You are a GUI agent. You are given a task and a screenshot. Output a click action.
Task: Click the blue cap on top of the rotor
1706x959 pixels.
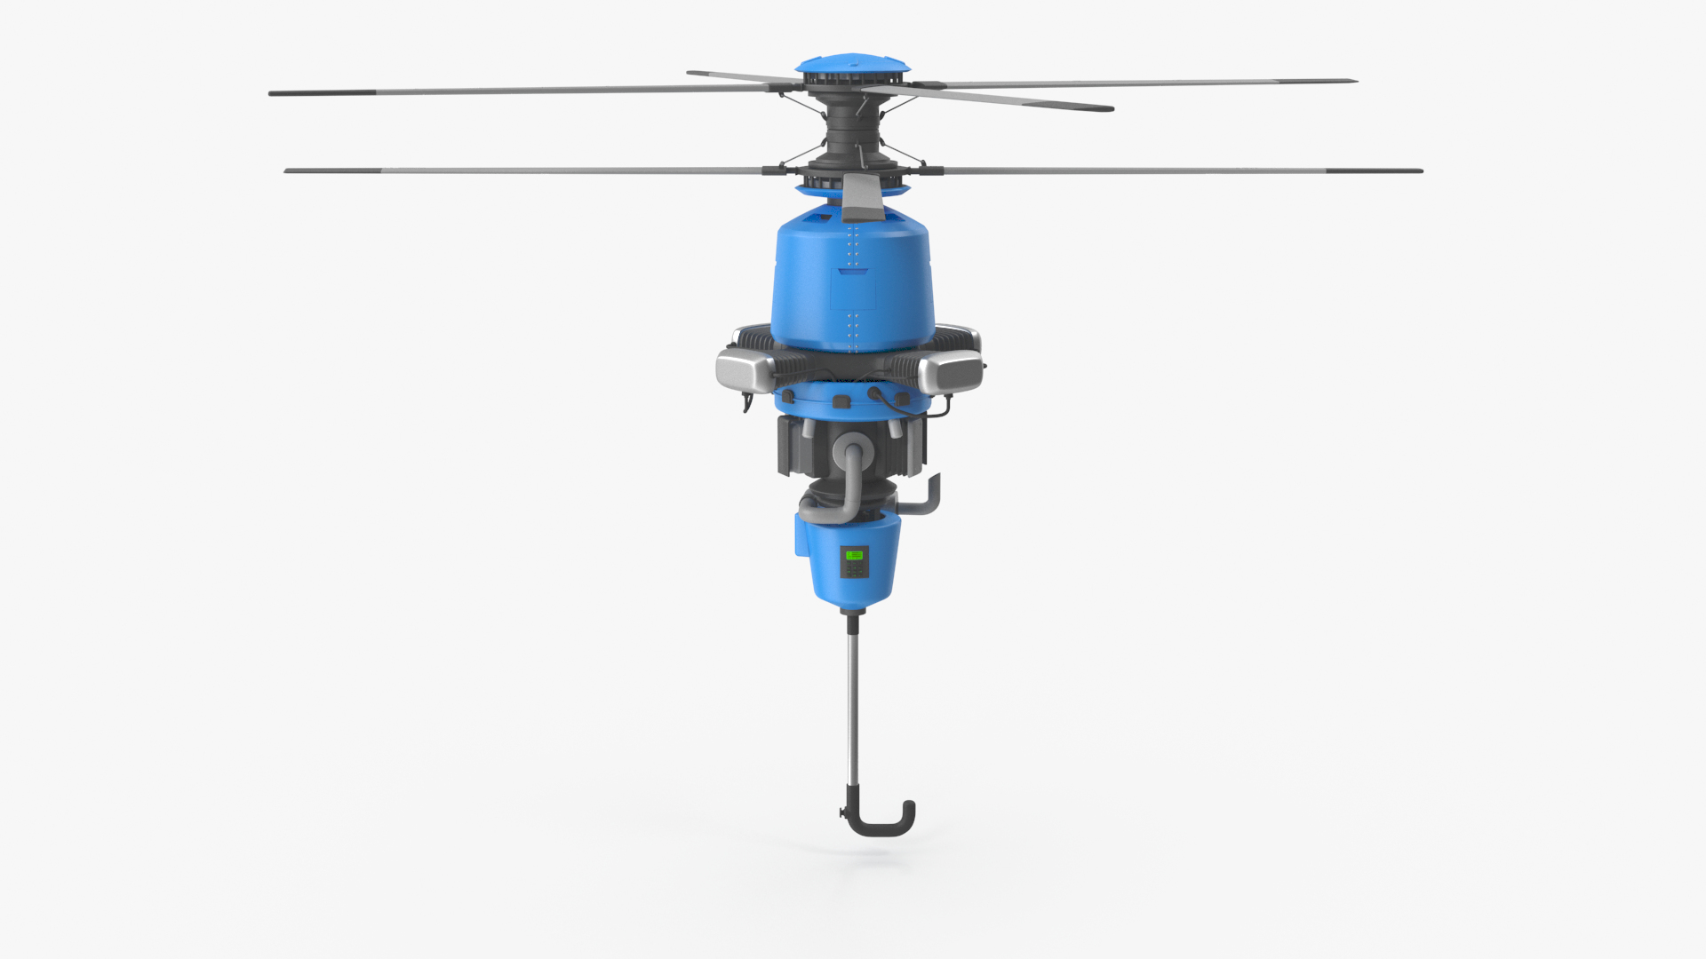tap(853, 65)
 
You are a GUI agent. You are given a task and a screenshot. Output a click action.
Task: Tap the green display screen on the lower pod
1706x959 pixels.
tap(854, 555)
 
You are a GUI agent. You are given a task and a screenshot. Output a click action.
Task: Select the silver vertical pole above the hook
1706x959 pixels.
tap(854, 701)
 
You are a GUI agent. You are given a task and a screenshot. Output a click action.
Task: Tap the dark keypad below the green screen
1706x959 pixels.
tap(854, 569)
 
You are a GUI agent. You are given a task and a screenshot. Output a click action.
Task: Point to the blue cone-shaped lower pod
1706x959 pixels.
tap(851, 564)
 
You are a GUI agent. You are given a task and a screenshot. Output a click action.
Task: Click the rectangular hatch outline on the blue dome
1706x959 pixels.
tap(851, 289)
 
